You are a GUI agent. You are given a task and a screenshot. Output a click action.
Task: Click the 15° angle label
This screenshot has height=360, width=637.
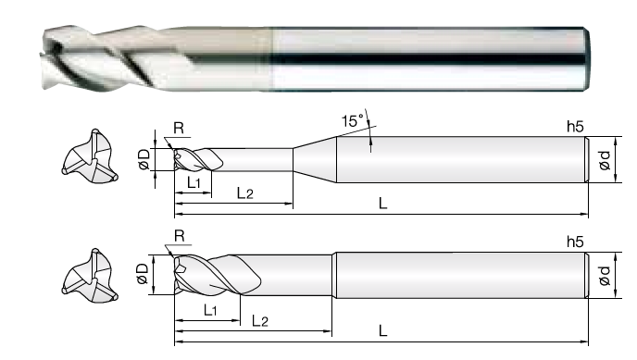(x=352, y=121)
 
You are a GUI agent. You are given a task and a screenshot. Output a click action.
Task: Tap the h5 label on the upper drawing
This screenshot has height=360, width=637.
(x=575, y=127)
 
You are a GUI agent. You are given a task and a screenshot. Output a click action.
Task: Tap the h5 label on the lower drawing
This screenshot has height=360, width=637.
(x=575, y=242)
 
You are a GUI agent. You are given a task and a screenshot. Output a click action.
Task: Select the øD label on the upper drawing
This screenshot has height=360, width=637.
(x=144, y=159)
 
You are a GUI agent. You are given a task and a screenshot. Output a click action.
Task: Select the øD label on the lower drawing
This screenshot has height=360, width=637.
(x=143, y=274)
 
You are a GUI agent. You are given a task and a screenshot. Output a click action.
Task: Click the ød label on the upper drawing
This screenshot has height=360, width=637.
(x=605, y=160)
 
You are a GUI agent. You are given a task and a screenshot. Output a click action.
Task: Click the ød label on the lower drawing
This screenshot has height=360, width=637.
(x=605, y=276)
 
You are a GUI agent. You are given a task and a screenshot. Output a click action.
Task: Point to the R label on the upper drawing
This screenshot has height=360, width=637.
(x=179, y=128)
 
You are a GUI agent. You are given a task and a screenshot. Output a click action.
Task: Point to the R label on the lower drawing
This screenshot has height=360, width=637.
(x=180, y=235)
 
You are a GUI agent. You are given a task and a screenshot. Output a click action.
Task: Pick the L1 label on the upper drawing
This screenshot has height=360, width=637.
(x=194, y=183)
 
